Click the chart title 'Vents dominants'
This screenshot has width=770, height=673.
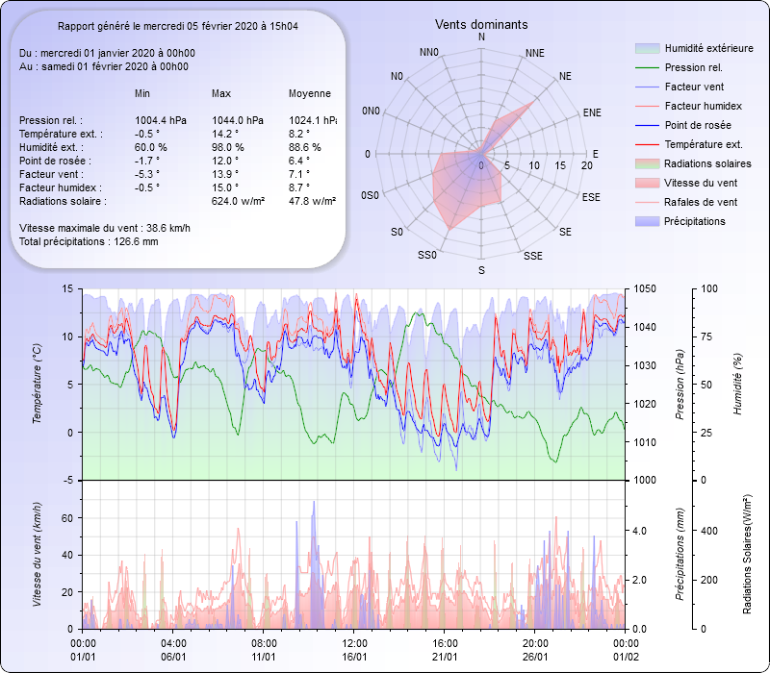click(x=481, y=24)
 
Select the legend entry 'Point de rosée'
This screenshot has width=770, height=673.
click(x=697, y=125)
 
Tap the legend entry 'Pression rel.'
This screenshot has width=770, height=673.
click(x=693, y=67)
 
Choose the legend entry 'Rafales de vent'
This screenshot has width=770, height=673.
click(x=701, y=202)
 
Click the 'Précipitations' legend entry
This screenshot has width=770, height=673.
click(x=695, y=221)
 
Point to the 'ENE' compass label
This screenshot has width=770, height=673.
click(x=592, y=112)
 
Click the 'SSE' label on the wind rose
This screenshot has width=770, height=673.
click(x=532, y=257)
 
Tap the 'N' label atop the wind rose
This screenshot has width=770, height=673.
click(x=481, y=37)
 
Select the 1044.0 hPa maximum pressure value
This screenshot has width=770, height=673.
click(x=237, y=120)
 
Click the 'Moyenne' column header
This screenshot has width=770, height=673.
click(x=310, y=93)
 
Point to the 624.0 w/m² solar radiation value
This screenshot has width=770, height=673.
click(x=237, y=201)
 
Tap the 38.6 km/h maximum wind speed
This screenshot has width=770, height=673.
click(x=167, y=228)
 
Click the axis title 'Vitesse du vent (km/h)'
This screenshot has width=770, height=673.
click(x=38, y=552)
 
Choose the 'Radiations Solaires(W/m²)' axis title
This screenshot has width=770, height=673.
click(x=748, y=555)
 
